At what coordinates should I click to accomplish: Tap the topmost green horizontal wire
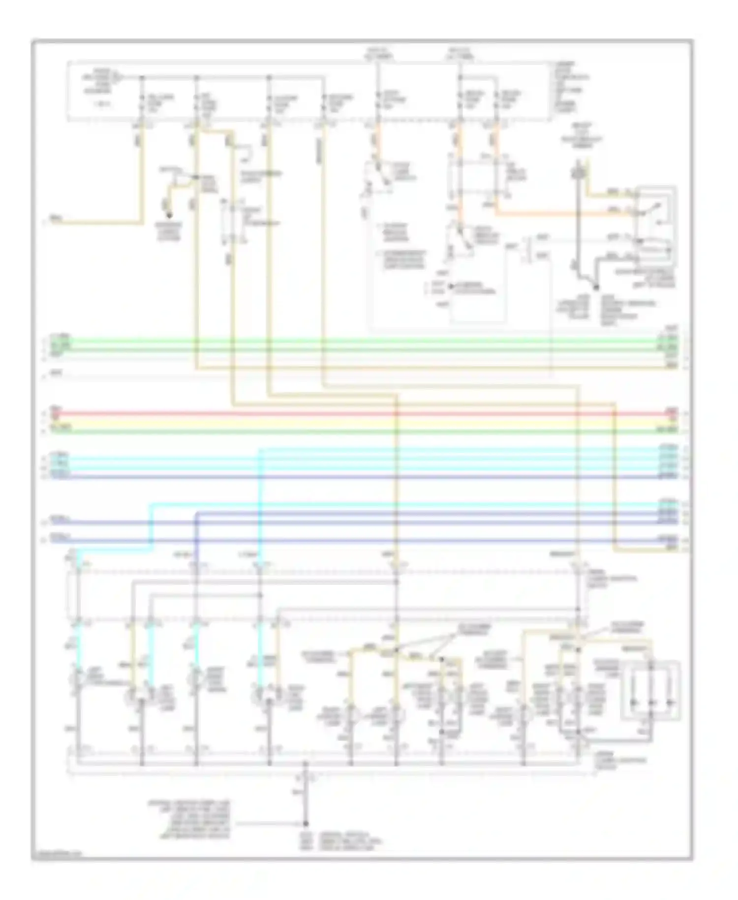click(344, 340)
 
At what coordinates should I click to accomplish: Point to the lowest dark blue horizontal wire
click(344, 541)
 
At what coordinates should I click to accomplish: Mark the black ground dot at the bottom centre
click(306, 823)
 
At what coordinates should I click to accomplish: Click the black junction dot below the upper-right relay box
click(596, 287)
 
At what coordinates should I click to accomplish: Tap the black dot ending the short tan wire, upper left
click(169, 215)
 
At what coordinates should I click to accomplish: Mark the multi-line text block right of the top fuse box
click(571, 87)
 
